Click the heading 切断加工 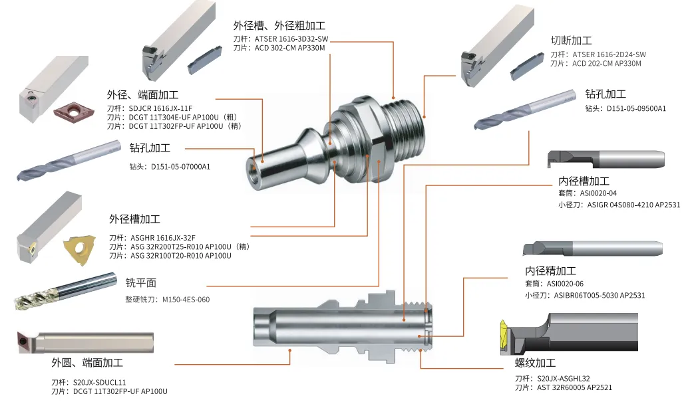pos(571,41)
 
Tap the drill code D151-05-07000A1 pos(180,167)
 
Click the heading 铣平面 pos(141,282)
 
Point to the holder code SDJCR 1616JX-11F pos(160,108)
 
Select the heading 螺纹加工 pos(536,363)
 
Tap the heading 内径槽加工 pos(584,181)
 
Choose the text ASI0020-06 pos(565,284)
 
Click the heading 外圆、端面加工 pos(87,363)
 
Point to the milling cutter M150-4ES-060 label pos(186,300)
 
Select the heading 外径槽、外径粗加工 pos(279,25)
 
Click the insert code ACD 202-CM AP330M pos(607,64)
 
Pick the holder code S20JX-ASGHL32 pos(564,378)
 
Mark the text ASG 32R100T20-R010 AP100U pos(181,256)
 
